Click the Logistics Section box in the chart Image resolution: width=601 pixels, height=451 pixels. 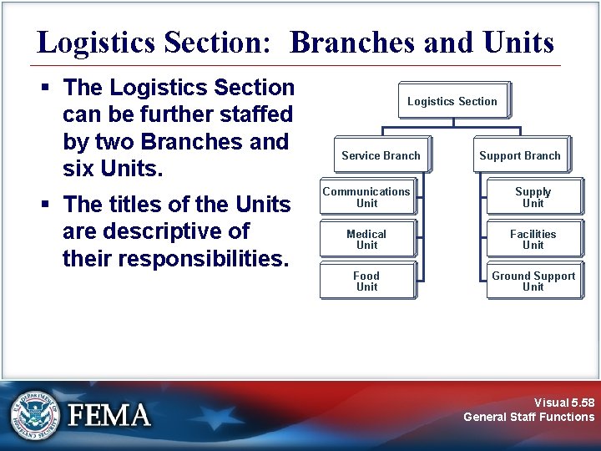click(452, 101)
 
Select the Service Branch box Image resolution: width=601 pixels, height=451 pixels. click(381, 155)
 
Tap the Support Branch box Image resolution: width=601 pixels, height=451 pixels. click(520, 155)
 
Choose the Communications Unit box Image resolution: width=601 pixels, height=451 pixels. click(366, 197)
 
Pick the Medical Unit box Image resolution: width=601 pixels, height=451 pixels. click(366, 240)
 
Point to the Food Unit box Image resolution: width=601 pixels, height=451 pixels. click(366, 281)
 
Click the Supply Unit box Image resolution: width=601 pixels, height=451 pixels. click(533, 197)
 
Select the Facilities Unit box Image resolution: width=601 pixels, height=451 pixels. click(533, 240)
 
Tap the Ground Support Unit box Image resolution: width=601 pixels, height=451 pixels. click(533, 281)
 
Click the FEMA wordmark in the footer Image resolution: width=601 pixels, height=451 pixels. click(109, 415)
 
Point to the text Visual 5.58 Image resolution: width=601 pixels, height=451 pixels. click(564, 402)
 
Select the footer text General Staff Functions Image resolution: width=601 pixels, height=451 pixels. click(529, 417)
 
